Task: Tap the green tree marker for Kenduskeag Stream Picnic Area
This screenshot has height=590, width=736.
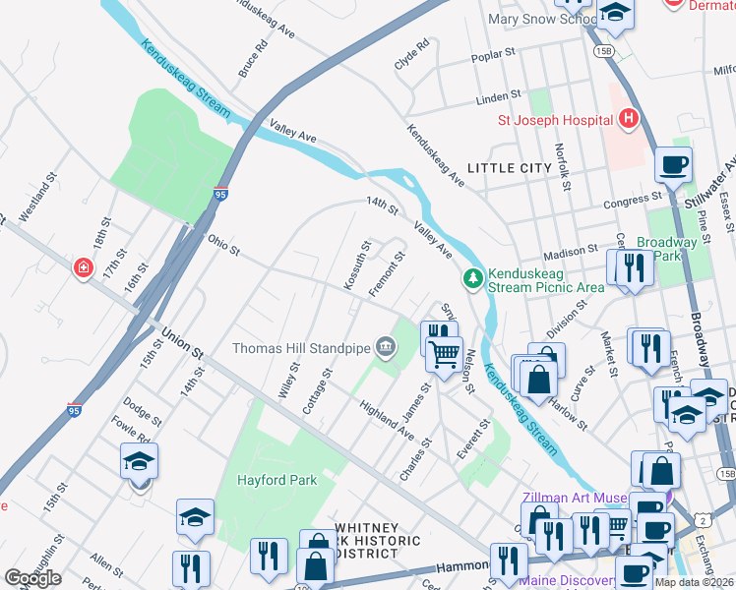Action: (474, 279)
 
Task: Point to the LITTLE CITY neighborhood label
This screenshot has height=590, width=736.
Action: (509, 168)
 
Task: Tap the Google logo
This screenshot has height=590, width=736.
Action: (32, 578)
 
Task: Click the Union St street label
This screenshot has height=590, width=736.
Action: (183, 346)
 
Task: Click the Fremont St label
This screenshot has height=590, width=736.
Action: (387, 274)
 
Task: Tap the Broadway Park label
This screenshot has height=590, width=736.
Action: (666, 249)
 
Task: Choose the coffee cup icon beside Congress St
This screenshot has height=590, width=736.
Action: (673, 166)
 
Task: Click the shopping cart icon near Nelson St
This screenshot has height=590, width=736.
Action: (445, 352)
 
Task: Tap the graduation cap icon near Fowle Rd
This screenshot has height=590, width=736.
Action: (140, 463)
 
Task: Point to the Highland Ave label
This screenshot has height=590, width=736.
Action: (387, 419)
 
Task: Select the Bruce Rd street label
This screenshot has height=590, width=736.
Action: (253, 59)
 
